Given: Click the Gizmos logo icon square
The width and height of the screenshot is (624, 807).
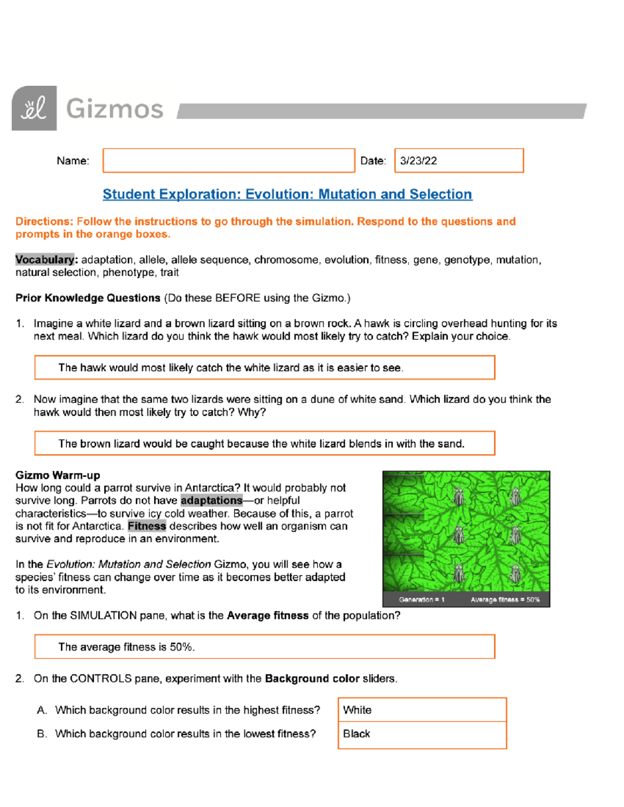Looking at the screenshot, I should pyautogui.click(x=34, y=108).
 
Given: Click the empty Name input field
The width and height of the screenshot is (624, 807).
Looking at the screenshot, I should pyautogui.click(x=229, y=161).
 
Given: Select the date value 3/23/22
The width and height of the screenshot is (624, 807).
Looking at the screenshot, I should pyautogui.click(x=419, y=161).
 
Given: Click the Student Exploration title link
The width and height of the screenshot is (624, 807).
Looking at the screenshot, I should pyautogui.click(x=287, y=194).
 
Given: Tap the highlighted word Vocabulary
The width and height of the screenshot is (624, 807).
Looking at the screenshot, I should pyautogui.click(x=45, y=260).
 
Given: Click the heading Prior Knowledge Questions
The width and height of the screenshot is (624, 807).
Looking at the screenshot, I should pyautogui.click(x=88, y=298).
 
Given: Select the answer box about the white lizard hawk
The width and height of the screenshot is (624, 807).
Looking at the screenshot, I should pyautogui.click(x=265, y=368).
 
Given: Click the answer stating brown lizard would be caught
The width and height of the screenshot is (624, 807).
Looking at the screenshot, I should pyautogui.click(x=265, y=444).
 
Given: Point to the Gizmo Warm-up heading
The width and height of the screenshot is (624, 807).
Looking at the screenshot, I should pyautogui.click(x=58, y=475).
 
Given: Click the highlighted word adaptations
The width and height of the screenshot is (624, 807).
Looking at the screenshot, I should pyautogui.click(x=212, y=500).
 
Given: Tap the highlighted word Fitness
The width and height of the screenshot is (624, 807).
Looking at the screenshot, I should pyautogui.click(x=147, y=526).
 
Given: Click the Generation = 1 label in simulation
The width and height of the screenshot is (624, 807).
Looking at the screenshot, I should pyautogui.click(x=422, y=600).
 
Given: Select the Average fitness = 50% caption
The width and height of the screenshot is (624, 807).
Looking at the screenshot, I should pyautogui.click(x=505, y=600).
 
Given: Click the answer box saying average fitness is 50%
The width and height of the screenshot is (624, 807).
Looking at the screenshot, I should pyautogui.click(x=265, y=647).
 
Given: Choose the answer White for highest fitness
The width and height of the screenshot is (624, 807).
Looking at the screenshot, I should pyautogui.click(x=422, y=710).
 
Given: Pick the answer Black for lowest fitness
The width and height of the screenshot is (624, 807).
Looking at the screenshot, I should pyautogui.click(x=422, y=734).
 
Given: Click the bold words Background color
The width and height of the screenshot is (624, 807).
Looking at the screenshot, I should pyautogui.click(x=312, y=679).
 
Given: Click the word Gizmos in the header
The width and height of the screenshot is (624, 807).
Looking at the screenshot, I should pyautogui.click(x=115, y=109).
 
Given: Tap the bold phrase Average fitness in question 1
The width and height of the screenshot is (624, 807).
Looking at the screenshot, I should pyautogui.click(x=268, y=616).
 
